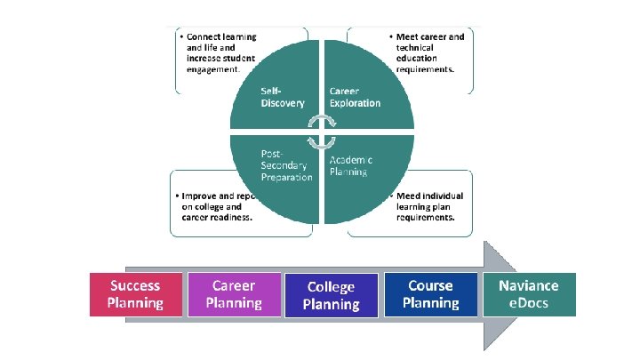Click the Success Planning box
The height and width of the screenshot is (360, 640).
[x=135, y=294]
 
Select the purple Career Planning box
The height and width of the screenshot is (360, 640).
[x=234, y=294]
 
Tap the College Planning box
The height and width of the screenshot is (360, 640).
[x=331, y=295]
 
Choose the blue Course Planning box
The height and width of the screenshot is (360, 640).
[x=430, y=294]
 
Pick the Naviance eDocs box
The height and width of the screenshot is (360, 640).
[x=529, y=294]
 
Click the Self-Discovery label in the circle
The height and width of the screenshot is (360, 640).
[x=282, y=97]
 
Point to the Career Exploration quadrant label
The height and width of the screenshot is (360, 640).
[x=355, y=97]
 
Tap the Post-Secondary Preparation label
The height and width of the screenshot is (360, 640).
[x=286, y=164]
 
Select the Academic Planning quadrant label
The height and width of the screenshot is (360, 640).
[x=351, y=164]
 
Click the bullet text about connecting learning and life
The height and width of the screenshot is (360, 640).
[x=218, y=51]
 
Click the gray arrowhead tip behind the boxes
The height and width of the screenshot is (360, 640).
[x=507, y=292]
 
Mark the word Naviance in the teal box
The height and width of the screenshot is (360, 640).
[x=529, y=285]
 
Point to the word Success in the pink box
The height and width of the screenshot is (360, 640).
[x=135, y=285]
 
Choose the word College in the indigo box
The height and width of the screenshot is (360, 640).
[x=331, y=286]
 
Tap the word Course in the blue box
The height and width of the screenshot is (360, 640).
[x=430, y=285]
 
